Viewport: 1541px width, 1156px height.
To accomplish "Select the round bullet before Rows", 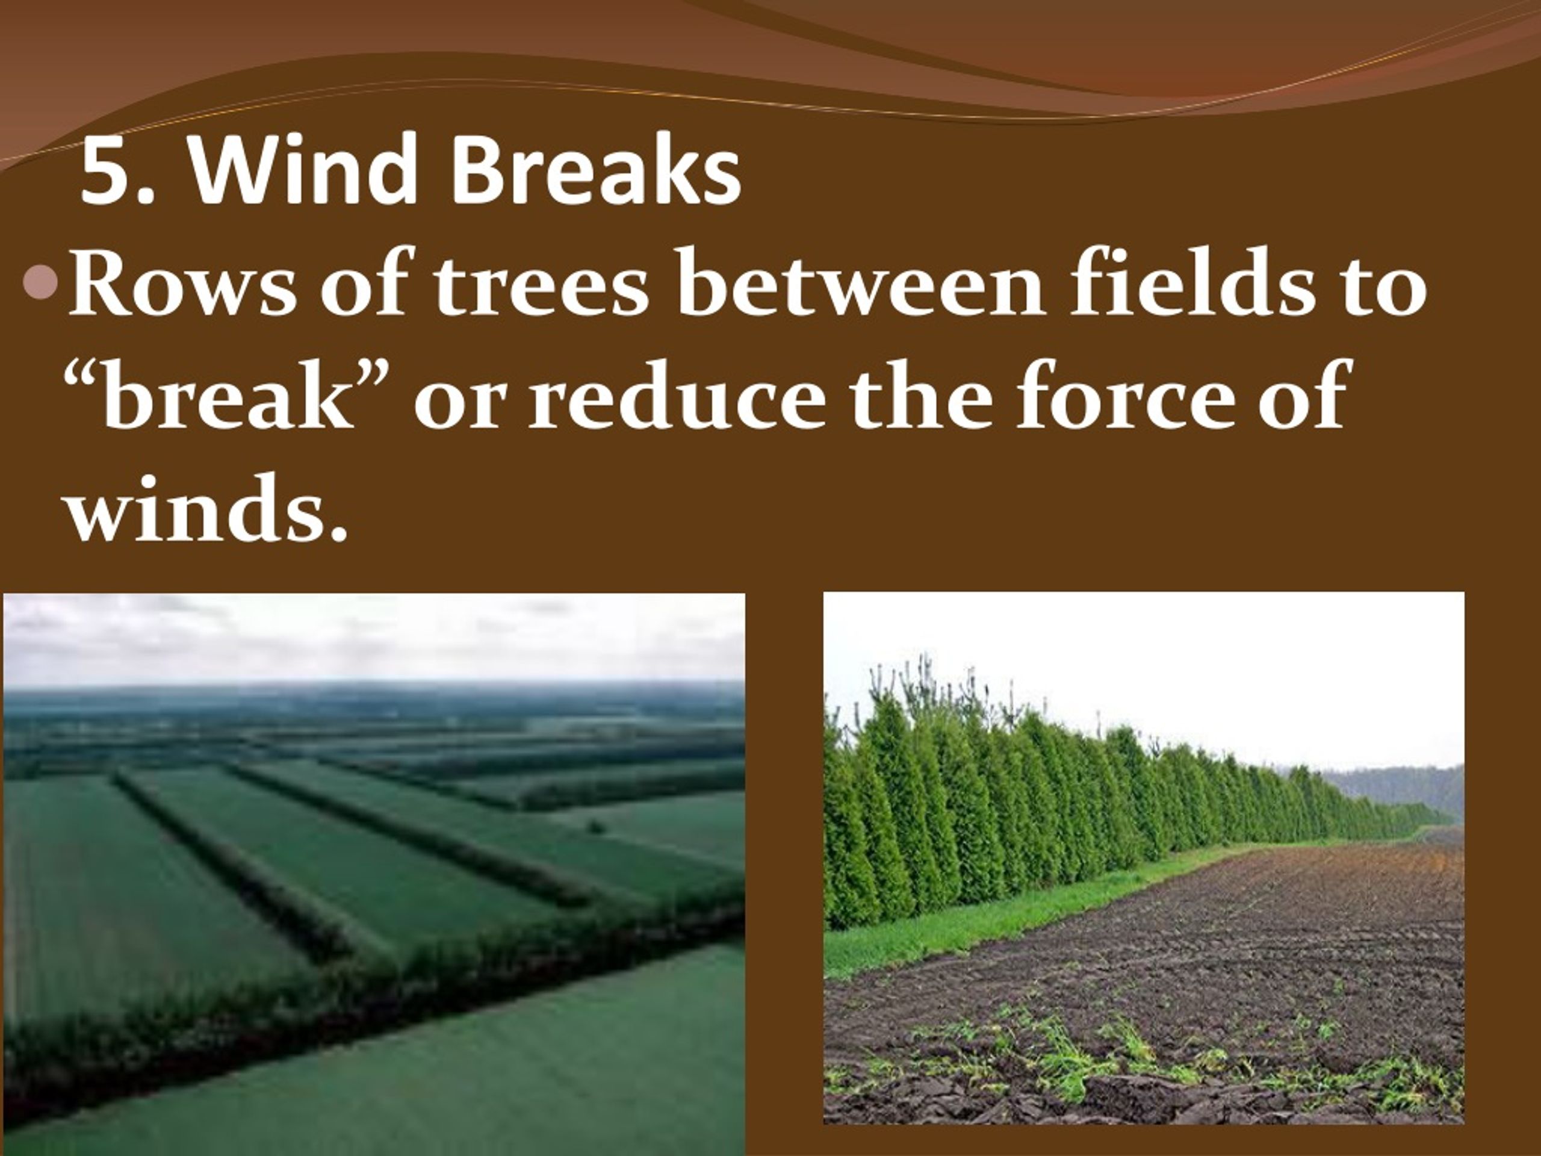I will pos(40,282).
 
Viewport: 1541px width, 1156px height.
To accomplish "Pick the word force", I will pos(1121,397).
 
